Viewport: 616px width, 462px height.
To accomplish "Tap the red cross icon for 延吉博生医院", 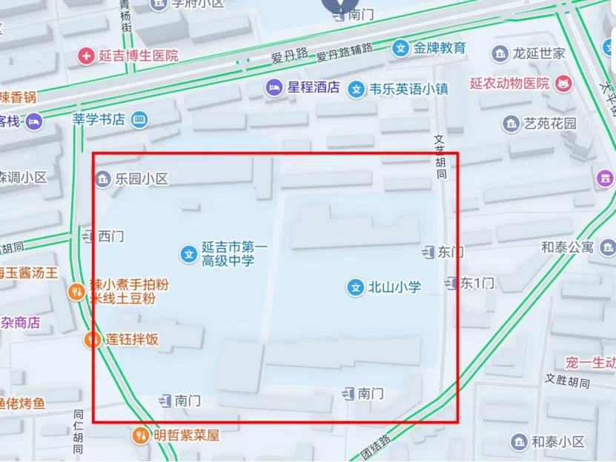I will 87,56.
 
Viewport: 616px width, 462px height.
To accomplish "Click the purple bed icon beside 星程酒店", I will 274,87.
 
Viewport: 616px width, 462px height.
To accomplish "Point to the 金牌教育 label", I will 440,49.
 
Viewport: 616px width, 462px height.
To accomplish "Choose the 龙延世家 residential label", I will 539,53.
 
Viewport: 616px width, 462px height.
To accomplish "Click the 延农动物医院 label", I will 509,83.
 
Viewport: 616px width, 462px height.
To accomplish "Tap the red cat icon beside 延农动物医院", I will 565,83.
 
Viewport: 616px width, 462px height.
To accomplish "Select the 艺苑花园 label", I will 549,124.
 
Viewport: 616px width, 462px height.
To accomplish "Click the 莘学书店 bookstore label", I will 99,119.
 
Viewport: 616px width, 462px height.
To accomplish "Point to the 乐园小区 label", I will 142,178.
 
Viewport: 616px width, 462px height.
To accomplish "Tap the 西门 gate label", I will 111,236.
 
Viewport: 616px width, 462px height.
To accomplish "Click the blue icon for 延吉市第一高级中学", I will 189,254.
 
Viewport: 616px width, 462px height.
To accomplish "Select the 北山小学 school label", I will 394,287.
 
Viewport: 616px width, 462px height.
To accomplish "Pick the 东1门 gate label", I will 477,283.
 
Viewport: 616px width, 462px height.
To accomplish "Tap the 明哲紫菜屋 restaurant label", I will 187,435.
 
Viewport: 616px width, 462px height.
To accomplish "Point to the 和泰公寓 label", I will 567,247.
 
